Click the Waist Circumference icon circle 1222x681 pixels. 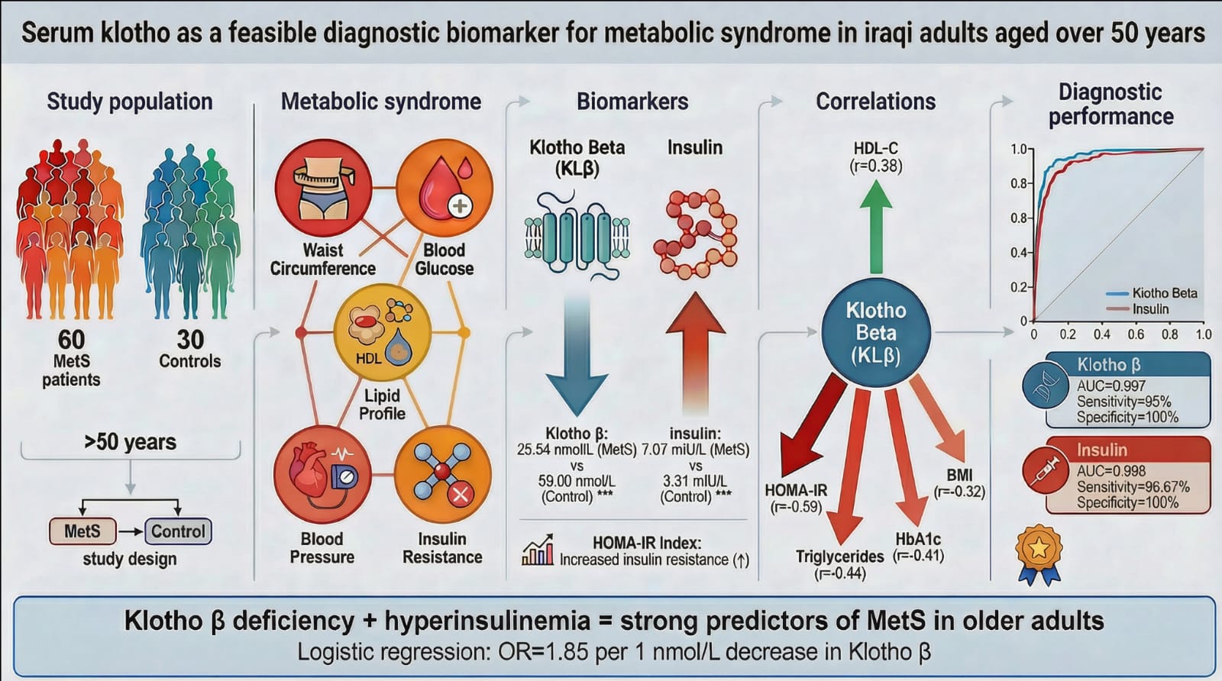coord(323,189)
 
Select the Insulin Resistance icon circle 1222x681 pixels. coord(443,474)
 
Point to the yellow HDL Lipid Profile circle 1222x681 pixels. coord(382,333)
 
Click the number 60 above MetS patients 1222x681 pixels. coord(71,339)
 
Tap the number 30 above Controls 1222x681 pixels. coord(190,339)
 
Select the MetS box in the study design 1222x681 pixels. coord(82,531)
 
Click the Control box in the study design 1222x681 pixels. coord(178,531)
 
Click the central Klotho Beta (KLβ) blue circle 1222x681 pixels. coord(876,333)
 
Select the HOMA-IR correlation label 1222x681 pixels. coord(796,490)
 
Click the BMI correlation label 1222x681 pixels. coord(959,475)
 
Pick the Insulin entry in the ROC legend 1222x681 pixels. coord(1150,309)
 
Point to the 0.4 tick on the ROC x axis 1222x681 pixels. coord(1101,334)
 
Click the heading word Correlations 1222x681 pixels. coord(875,102)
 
